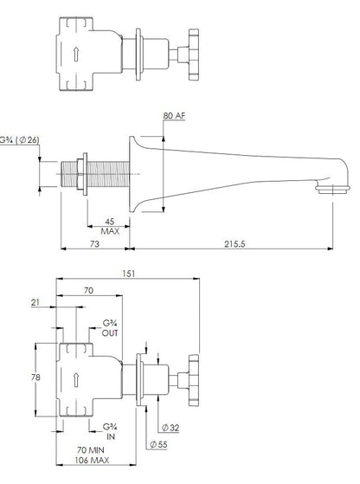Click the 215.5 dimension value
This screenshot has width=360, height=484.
(235, 244)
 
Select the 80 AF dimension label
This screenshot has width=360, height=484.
(174, 116)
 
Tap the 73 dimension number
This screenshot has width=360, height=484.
(94, 244)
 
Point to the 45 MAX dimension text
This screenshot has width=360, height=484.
(110, 227)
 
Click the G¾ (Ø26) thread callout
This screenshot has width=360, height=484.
(19, 140)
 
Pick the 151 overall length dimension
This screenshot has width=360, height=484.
(129, 274)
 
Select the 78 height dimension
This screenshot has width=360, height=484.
(35, 378)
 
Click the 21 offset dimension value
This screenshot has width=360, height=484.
(35, 302)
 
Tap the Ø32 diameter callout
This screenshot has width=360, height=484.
(170, 428)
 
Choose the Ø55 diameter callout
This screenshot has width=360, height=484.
(158, 444)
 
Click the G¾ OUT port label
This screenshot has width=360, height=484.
(110, 328)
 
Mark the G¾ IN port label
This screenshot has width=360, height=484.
(110, 432)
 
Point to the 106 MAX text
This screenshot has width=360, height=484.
(92, 461)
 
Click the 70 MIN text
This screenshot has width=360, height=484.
(90, 450)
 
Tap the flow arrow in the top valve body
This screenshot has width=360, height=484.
(76, 54)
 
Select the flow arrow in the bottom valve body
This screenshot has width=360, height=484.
(76, 380)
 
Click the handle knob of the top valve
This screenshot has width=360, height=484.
(194, 55)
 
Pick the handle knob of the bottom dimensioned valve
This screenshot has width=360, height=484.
(194, 380)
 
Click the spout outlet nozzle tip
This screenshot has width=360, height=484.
(332, 189)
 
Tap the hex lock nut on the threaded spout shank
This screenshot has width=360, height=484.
(80, 174)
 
